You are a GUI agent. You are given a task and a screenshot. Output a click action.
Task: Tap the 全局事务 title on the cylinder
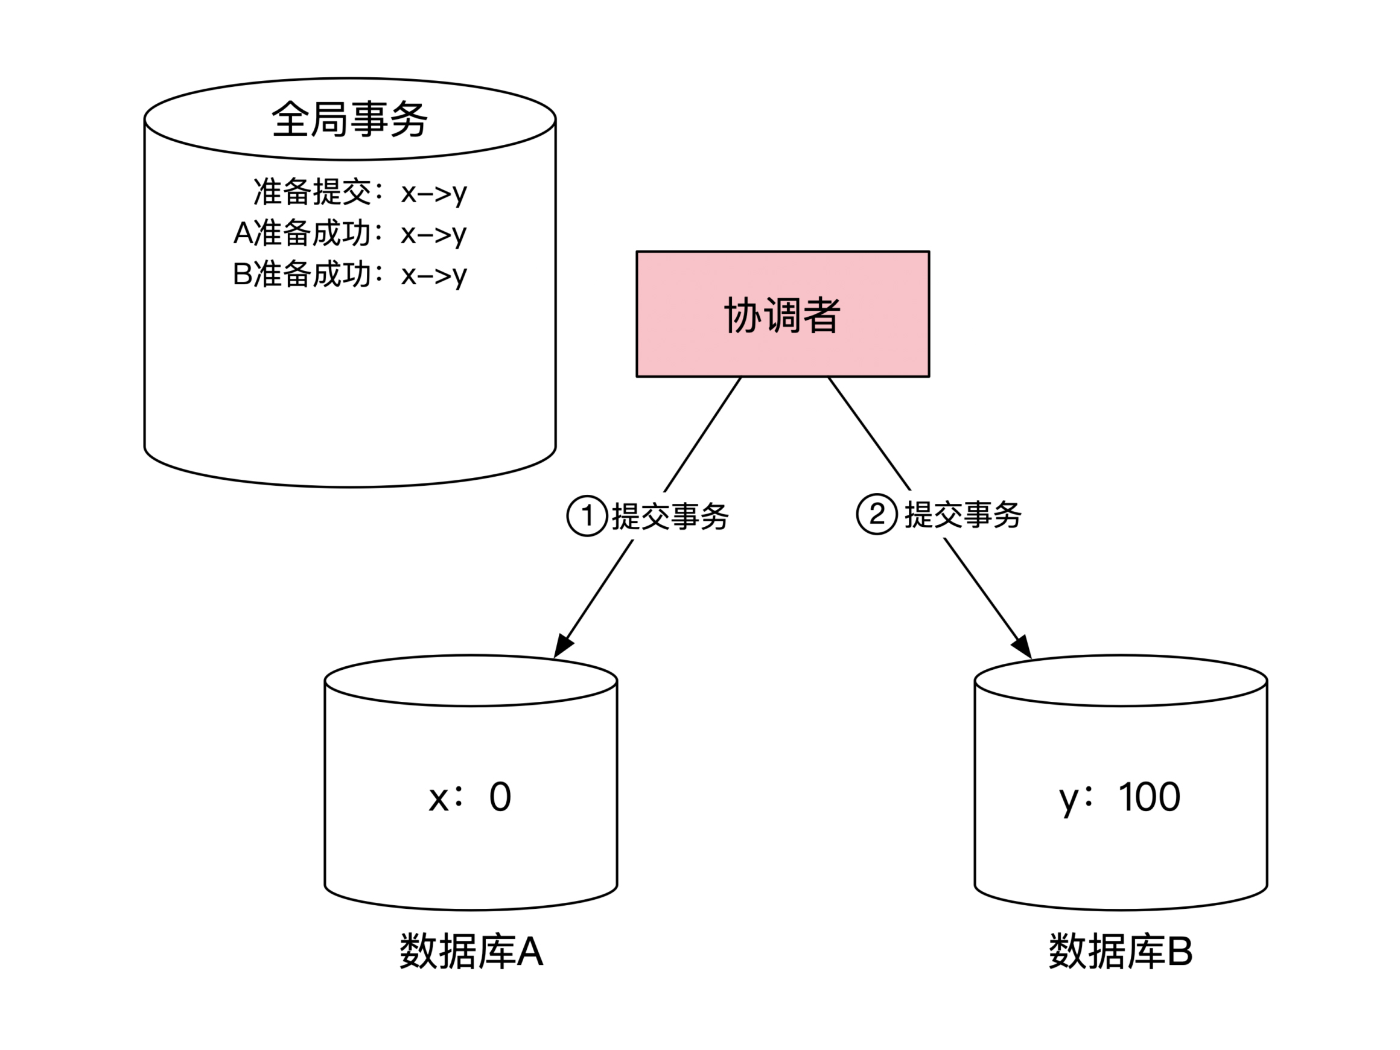tap(349, 119)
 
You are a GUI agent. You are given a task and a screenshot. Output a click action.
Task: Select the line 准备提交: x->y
tap(360, 192)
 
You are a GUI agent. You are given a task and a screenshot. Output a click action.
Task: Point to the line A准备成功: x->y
tap(349, 234)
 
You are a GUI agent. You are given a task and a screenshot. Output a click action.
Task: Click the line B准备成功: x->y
tap(349, 275)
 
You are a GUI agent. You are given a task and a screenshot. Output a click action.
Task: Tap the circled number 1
tap(587, 516)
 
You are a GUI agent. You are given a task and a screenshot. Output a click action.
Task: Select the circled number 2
tap(877, 514)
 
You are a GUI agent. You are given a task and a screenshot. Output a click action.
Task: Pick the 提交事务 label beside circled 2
tap(962, 515)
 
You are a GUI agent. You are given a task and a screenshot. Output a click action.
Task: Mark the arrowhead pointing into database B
tap(1022, 647)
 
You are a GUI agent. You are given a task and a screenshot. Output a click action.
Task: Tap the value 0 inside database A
tap(500, 797)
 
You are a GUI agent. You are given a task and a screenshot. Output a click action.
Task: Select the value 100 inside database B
tap(1150, 797)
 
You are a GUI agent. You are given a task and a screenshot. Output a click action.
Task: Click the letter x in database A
tap(438, 799)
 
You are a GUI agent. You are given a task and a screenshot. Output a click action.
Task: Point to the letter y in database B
tap(1067, 799)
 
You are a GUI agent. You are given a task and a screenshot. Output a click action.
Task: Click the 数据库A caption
tap(471, 952)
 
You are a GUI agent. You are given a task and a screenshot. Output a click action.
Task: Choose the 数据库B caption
tap(1120, 952)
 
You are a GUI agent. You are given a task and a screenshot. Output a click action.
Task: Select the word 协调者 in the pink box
tap(782, 314)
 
